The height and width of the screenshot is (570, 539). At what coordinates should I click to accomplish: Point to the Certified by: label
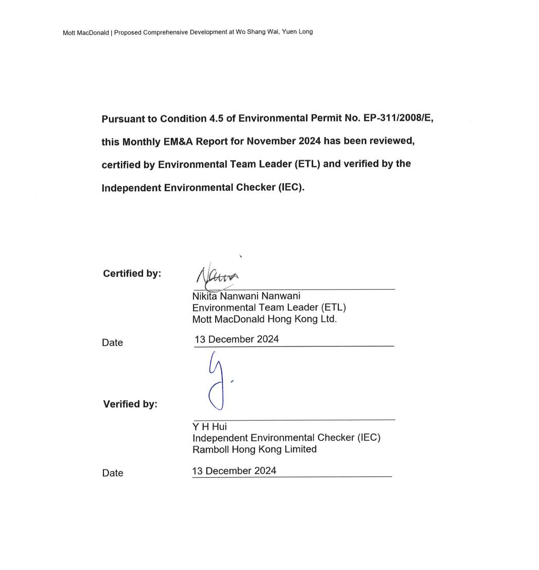[x=132, y=273]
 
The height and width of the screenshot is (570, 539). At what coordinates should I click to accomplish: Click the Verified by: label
[x=130, y=404]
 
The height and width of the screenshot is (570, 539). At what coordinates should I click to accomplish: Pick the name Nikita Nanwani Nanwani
[x=246, y=296]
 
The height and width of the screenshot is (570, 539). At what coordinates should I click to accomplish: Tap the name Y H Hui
[x=210, y=427]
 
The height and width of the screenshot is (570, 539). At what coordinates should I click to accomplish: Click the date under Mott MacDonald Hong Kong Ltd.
[x=237, y=339]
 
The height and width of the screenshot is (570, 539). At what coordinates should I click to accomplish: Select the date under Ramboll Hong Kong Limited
[x=234, y=471]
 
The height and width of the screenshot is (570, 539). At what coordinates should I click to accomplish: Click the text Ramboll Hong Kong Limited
[x=254, y=449]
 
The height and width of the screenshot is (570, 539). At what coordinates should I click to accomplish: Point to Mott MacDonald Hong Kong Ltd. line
[x=264, y=319]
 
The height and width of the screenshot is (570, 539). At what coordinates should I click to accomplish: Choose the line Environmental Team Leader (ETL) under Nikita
[x=269, y=308]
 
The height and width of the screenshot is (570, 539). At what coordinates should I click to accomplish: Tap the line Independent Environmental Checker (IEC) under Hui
[x=286, y=438]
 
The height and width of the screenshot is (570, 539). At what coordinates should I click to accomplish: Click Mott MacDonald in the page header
[x=85, y=32]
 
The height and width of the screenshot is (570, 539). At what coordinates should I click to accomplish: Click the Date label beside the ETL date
[x=112, y=343]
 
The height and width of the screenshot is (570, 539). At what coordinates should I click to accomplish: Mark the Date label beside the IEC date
[x=112, y=473]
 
